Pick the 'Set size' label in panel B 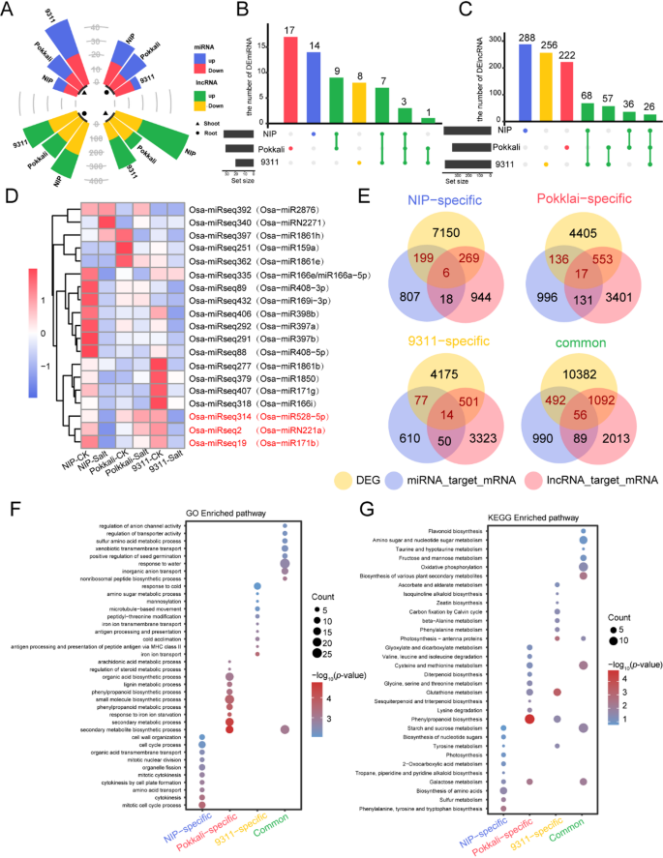[240, 176]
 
